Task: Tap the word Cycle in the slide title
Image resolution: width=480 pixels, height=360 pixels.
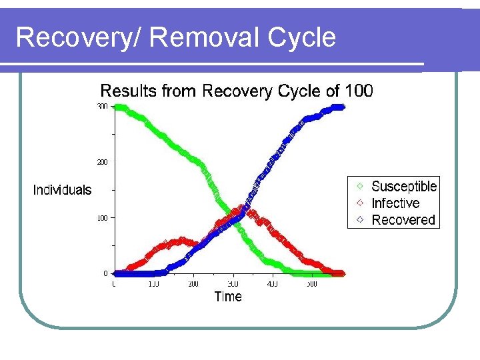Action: pos(301,37)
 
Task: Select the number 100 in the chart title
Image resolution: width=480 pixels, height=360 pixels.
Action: pos(359,90)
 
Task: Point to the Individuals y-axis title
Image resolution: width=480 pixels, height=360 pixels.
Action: pos(62,190)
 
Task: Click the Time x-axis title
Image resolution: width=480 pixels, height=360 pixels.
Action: pos(228,297)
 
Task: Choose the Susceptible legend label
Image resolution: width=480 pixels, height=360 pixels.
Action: pos(404,187)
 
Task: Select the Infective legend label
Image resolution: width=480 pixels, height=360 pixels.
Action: pos(395,203)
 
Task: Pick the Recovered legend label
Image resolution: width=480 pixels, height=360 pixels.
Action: pos(403,220)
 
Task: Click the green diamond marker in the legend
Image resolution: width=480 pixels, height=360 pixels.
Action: pos(360,186)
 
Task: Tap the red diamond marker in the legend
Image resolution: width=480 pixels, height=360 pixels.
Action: pos(360,203)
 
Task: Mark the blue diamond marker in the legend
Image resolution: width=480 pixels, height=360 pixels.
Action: pos(360,219)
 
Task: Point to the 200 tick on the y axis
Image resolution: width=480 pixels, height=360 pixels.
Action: pos(102,162)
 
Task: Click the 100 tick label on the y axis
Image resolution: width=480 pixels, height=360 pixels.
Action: pos(102,218)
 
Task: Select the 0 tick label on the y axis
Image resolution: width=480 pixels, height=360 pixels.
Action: pos(105,273)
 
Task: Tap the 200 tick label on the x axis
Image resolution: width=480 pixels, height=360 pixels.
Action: pos(193,285)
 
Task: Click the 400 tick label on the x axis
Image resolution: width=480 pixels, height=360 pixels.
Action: pos(272,285)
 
